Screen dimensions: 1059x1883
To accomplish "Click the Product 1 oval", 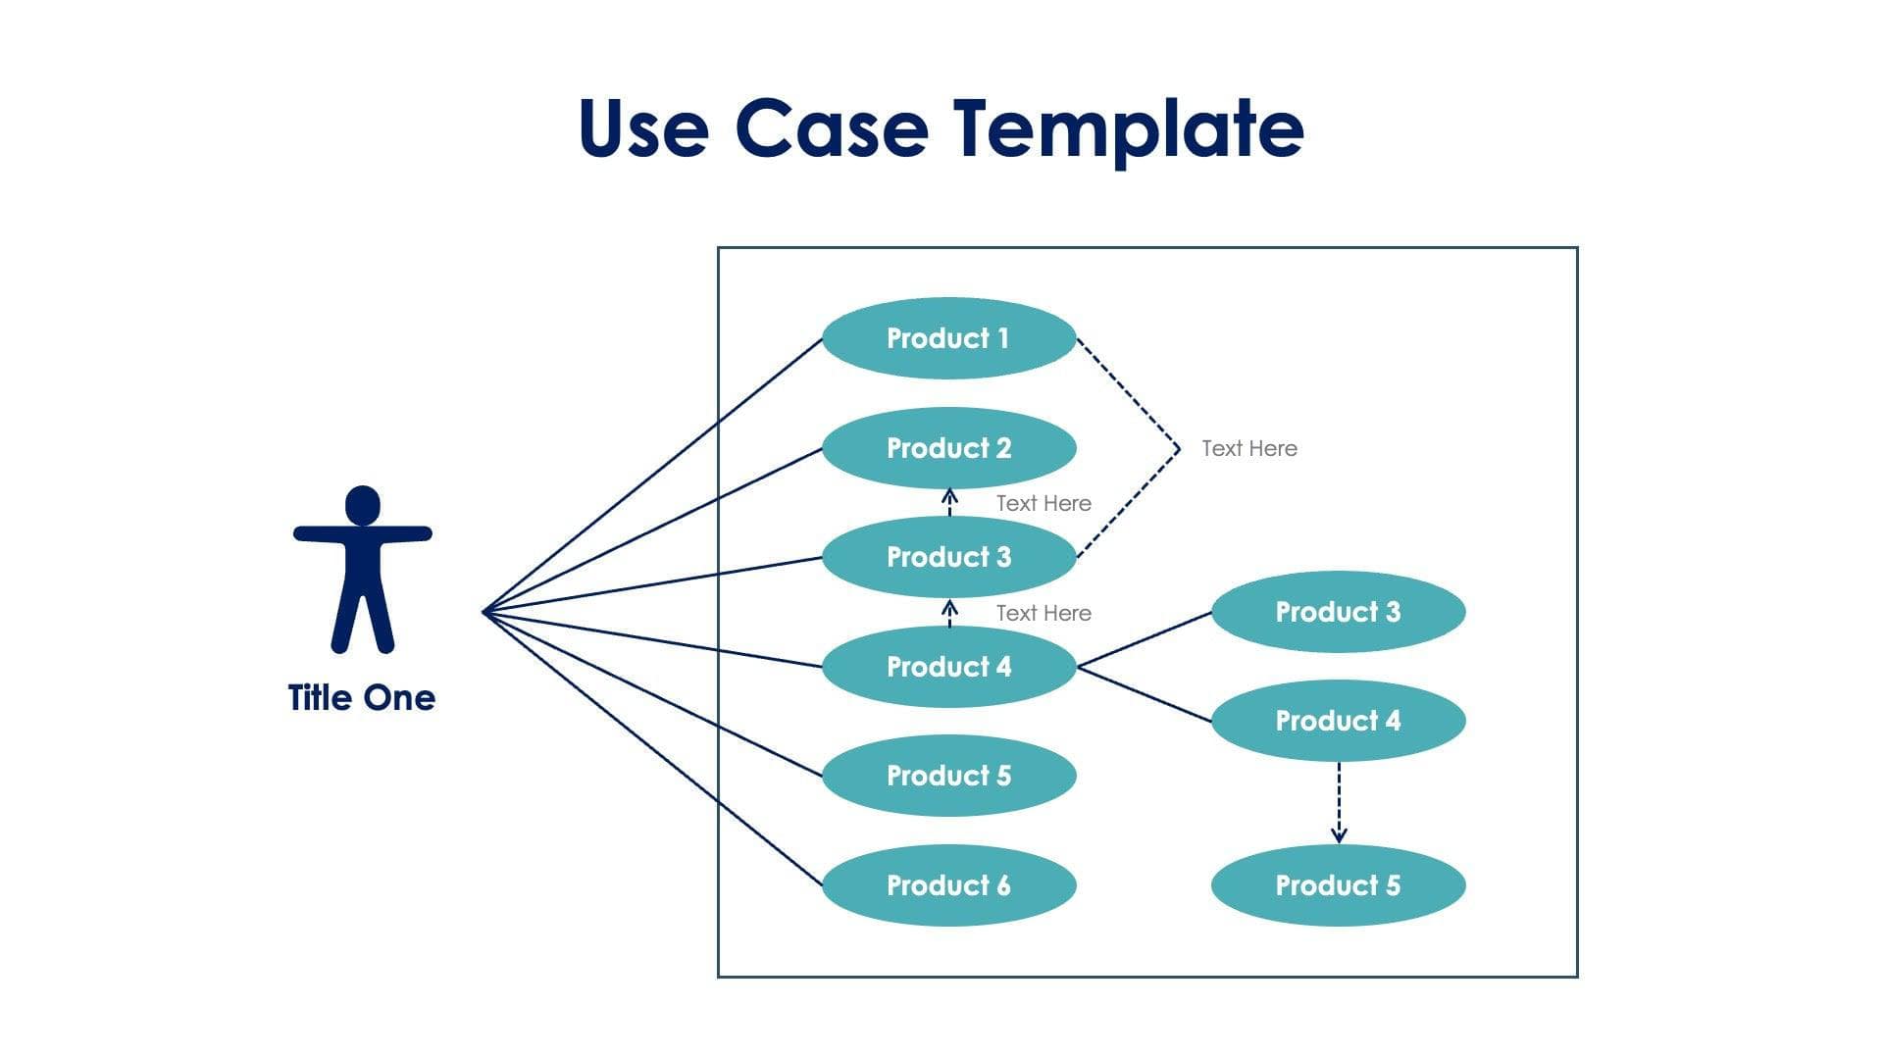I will [x=948, y=338].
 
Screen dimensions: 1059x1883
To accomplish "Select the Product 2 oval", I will [x=948, y=448].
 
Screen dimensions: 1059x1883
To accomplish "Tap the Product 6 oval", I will [x=948, y=885].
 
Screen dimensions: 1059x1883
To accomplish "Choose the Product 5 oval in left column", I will [x=948, y=776].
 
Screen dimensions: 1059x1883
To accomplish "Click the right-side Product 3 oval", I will [x=1338, y=612].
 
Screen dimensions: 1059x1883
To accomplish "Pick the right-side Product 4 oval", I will [x=1338, y=721].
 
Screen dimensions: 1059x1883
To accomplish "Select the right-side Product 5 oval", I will [x=1338, y=885].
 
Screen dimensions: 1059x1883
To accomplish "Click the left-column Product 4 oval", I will [x=948, y=667].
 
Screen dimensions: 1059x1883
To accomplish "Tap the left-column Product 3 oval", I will [x=948, y=557].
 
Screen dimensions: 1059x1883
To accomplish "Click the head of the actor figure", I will [x=363, y=504].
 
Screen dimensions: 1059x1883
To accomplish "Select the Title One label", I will [x=362, y=698].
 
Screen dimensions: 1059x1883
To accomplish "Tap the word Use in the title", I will [x=642, y=129].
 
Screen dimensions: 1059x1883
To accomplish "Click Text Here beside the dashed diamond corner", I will [x=1248, y=448].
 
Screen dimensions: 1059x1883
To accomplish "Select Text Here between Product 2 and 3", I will [x=1043, y=503].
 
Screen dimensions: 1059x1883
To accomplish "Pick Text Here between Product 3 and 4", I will [x=1043, y=613].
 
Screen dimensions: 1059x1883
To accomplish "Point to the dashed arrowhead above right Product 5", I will [x=1339, y=835].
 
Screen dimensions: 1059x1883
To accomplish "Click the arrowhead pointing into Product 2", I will [x=949, y=494].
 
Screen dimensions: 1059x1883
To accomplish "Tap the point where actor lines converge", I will [x=484, y=612].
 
